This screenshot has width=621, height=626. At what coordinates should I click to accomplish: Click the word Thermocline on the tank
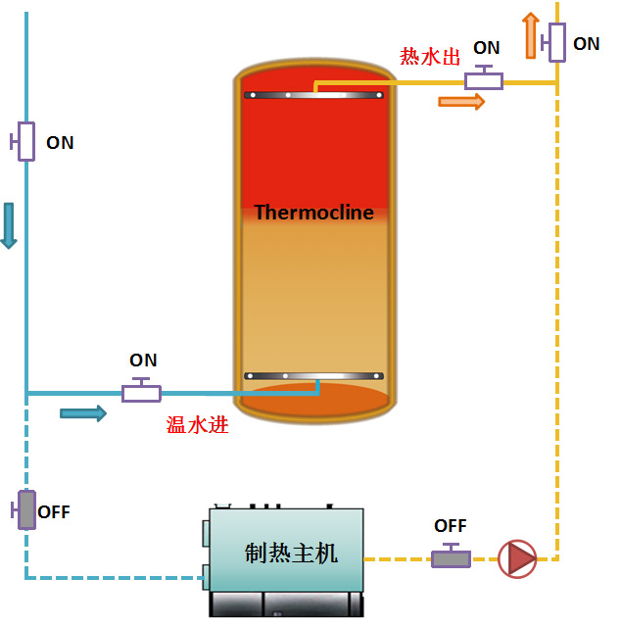313,213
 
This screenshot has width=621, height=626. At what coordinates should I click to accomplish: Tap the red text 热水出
430,57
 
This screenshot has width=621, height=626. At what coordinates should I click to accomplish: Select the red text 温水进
197,425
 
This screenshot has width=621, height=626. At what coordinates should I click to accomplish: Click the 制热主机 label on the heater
291,553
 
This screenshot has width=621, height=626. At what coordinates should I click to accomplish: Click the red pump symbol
517,558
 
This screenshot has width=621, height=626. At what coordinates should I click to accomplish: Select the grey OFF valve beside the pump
451,557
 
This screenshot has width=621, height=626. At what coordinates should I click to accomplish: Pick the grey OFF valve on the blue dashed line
25,509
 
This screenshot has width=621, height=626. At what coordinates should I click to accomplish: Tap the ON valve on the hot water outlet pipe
484,79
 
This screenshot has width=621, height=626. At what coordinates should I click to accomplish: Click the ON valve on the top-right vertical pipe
555,42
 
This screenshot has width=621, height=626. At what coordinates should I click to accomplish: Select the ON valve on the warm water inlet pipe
142,392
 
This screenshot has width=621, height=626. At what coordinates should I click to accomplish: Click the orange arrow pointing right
461,101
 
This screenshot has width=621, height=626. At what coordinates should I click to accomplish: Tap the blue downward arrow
9,225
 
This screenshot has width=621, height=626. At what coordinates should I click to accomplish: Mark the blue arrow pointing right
83,413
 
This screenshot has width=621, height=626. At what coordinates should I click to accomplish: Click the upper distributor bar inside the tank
313,95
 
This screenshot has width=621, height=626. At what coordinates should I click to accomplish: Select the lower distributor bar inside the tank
313,376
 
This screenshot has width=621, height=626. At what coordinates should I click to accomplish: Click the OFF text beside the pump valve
451,526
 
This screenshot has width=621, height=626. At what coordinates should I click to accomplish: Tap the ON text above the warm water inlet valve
143,361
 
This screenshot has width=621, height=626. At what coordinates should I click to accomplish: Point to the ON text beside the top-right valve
586,44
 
